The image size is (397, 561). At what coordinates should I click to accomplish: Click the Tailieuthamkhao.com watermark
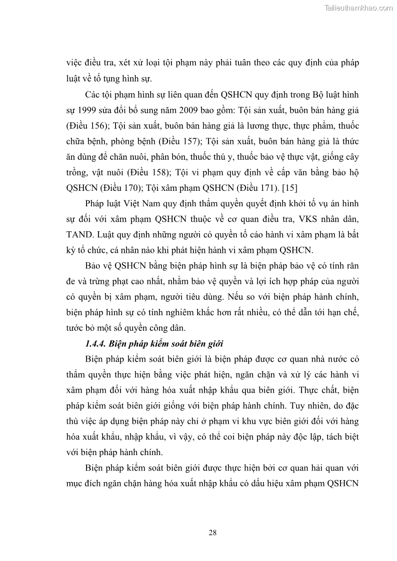tap(359, 7)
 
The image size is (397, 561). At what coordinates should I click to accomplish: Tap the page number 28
tap(212, 533)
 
